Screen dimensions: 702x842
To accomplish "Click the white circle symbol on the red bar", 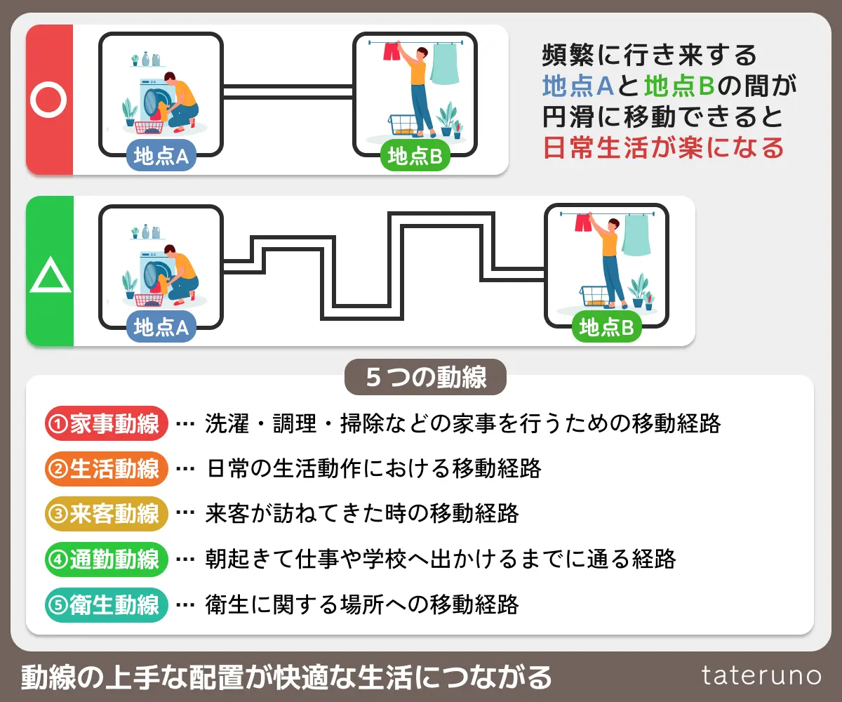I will (48, 100).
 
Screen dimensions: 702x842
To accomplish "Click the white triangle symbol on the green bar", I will (50, 275).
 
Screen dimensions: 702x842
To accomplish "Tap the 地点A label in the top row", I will (161, 157).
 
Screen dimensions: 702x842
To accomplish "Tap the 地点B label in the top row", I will (415, 157).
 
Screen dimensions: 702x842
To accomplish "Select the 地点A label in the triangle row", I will (161, 327).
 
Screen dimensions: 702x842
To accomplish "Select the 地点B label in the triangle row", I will (607, 327).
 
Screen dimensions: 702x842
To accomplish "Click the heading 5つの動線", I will (426, 378).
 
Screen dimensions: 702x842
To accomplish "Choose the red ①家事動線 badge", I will (106, 423).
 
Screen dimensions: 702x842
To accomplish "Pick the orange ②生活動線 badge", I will (106, 469).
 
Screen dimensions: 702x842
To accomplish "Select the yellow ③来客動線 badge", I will (106, 514).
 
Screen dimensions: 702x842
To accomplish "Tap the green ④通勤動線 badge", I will (106, 559).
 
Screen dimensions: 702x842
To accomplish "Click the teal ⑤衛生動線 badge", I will (106, 604).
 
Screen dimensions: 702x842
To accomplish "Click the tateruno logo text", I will (761, 675).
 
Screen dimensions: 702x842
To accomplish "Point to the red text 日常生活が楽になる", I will (663, 148).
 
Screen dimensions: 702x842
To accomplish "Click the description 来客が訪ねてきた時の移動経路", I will (362, 514).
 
